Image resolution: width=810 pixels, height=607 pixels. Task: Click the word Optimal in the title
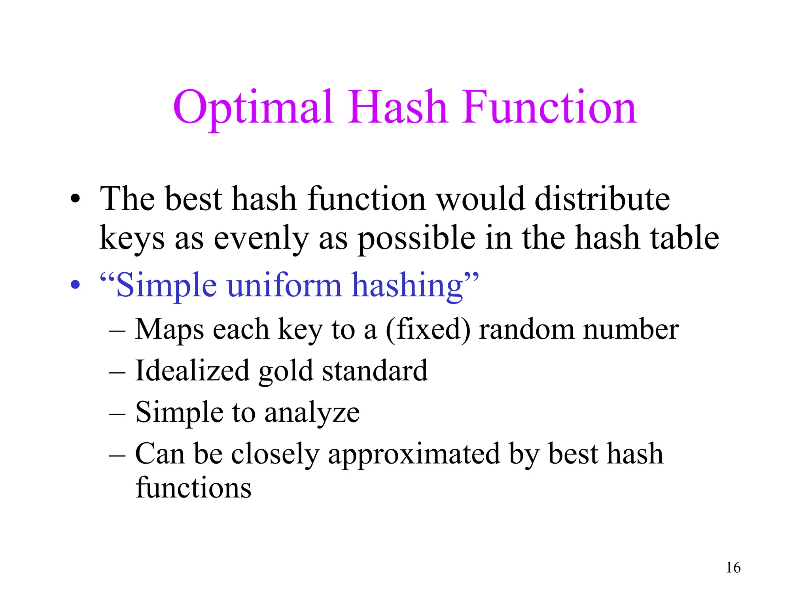253,107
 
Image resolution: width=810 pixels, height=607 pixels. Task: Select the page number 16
733,567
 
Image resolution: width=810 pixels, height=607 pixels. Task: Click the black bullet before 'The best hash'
75,199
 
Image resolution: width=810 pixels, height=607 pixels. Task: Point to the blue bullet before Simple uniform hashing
75,285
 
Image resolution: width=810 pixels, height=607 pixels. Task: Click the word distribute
602,199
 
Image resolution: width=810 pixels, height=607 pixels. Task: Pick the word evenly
261,238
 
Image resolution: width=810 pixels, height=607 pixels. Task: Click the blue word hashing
407,285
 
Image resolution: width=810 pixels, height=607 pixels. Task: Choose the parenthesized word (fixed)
428,329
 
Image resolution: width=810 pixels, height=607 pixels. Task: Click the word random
526,329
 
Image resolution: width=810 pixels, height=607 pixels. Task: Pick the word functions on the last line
193,487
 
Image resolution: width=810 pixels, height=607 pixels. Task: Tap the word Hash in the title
397,107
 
